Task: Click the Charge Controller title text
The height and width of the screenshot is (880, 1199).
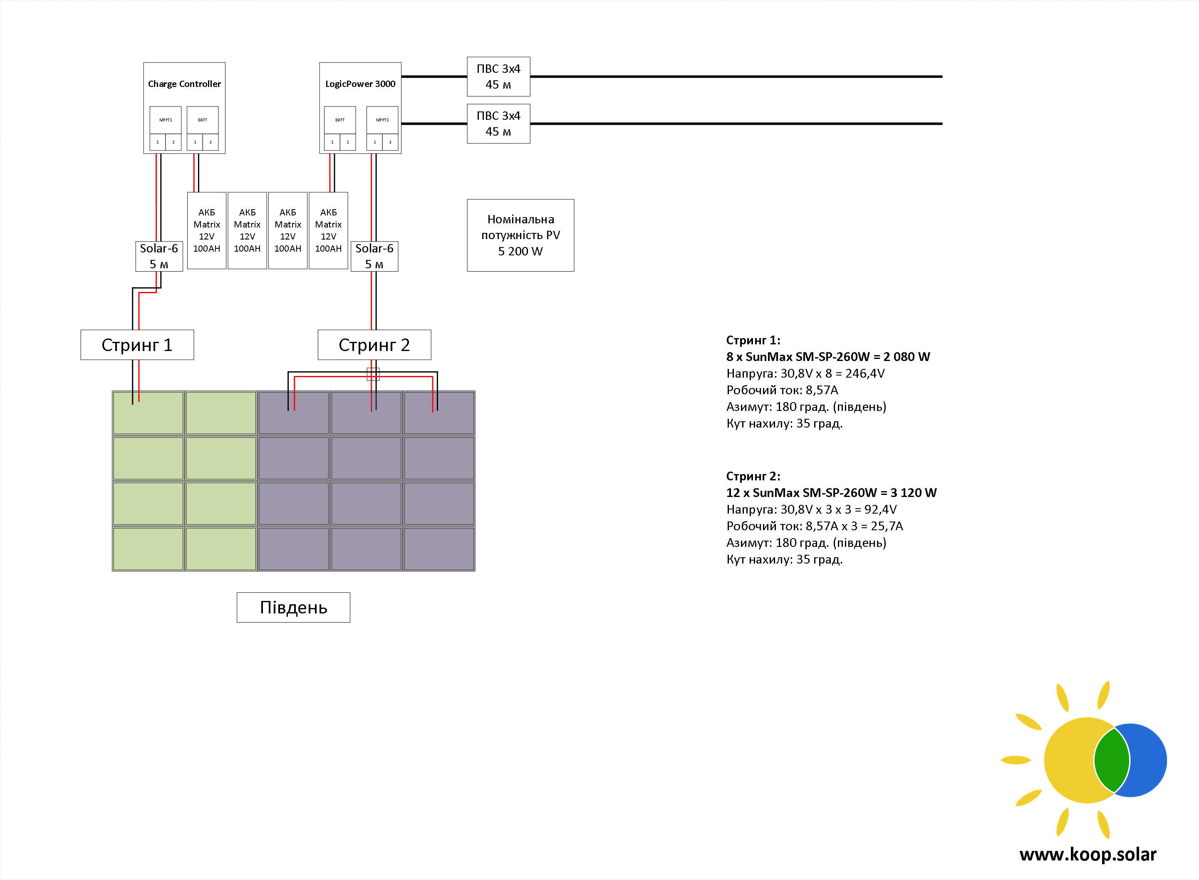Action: tap(184, 84)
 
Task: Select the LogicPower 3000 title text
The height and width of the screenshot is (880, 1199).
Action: tap(360, 84)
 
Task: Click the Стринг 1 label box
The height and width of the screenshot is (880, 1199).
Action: tap(137, 345)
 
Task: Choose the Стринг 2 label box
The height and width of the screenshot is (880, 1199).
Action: tap(374, 345)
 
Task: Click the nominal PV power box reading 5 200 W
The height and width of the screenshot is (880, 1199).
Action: tap(520, 235)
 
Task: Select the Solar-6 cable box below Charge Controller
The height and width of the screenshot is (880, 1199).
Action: tap(159, 256)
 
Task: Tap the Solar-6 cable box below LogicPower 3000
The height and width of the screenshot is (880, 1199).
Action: tap(374, 256)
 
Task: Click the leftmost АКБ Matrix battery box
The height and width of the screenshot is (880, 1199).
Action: tap(207, 231)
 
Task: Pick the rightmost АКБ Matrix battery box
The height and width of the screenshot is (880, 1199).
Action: tap(328, 231)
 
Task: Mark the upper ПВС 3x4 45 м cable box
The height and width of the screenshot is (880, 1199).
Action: tap(498, 77)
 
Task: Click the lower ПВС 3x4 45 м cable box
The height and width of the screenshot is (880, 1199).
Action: tap(498, 124)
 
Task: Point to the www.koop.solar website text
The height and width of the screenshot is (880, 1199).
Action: tap(1088, 855)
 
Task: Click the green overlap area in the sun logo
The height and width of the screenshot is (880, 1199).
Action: tap(1112, 760)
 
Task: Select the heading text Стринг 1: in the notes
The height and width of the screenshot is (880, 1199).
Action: tap(753, 340)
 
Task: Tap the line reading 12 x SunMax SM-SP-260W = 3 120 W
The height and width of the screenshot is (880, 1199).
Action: tap(831, 493)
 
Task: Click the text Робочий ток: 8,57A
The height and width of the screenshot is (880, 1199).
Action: tap(782, 391)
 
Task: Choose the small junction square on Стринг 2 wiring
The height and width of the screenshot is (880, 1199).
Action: tap(373, 374)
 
